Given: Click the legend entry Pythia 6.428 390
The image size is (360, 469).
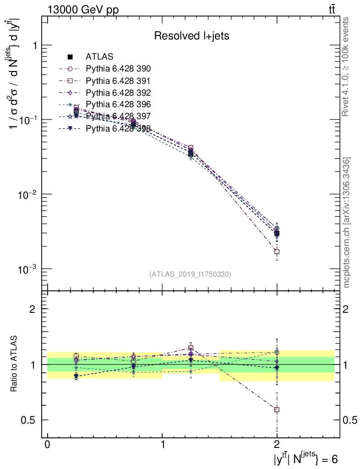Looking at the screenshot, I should (118, 69).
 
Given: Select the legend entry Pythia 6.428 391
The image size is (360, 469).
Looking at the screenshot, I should (118, 81).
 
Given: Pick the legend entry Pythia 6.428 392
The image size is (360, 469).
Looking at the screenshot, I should (118, 93).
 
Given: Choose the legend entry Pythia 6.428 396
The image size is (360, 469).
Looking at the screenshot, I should (118, 104).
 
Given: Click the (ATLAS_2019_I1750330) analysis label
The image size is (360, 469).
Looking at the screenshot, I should (190, 274).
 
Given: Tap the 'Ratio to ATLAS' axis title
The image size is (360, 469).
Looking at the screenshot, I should (14, 365).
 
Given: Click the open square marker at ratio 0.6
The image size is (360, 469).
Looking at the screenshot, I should (277, 409).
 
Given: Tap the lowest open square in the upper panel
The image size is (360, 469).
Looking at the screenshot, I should (277, 251).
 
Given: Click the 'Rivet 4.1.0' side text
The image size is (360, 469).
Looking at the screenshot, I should (347, 66).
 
